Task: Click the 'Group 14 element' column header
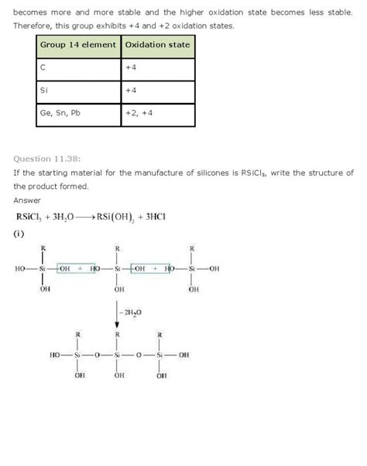pyautogui.click(x=78, y=46)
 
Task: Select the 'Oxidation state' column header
pyautogui.click(x=157, y=46)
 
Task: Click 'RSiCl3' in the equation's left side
pyautogui.click(x=29, y=216)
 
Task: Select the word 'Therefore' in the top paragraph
pyautogui.click(x=36, y=26)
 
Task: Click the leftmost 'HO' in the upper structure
pyautogui.click(x=20, y=269)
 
